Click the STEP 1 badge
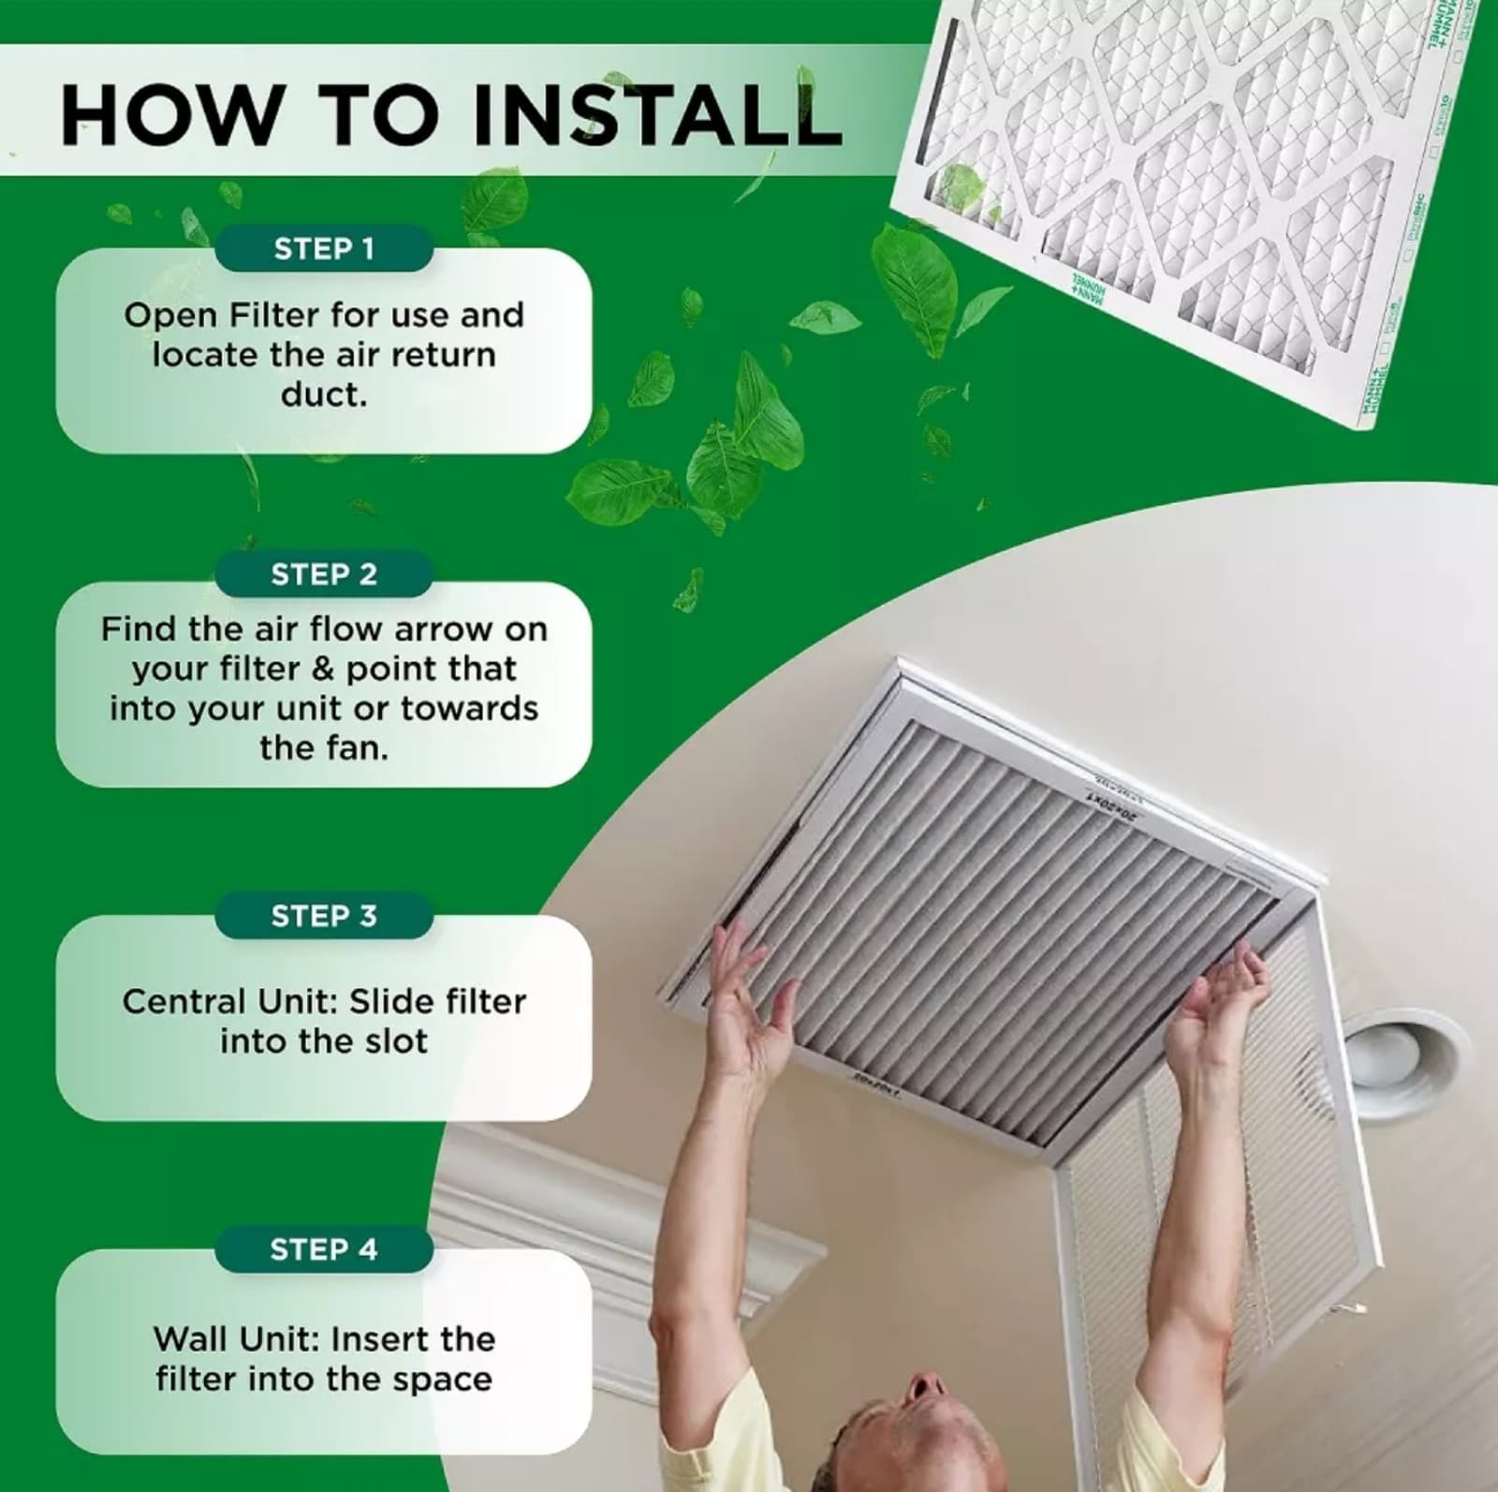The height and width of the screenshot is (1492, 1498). point(323,249)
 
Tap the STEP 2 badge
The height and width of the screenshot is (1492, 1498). point(323,574)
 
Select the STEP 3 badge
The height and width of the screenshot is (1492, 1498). point(323,916)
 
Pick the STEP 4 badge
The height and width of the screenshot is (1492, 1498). point(323,1249)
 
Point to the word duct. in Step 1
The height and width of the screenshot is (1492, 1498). point(323,394)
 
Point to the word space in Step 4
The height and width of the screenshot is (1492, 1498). point(446,1379)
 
